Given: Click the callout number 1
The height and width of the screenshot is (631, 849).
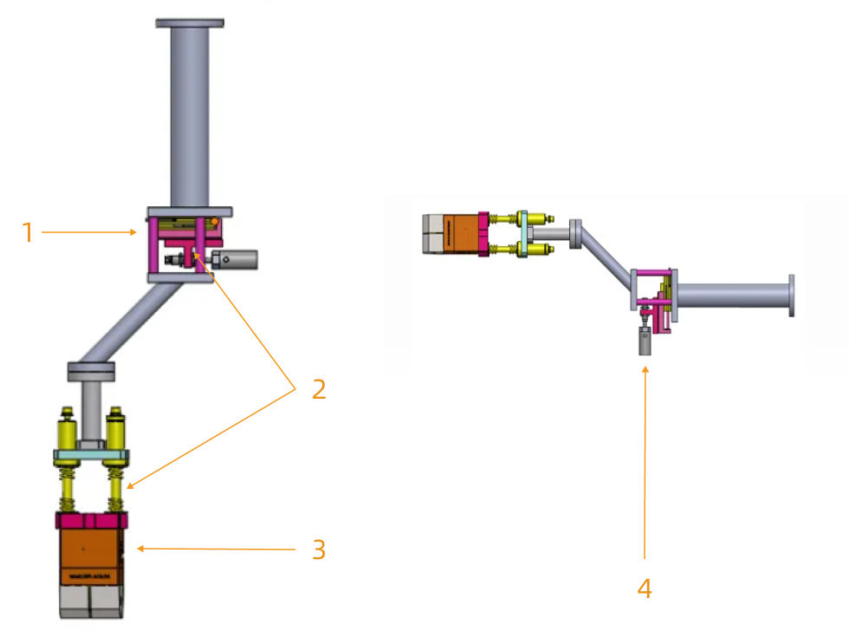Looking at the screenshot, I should point(28,232).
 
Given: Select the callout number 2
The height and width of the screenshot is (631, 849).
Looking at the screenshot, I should point(319,389).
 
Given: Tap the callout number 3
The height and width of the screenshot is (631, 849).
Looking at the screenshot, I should point(319,550).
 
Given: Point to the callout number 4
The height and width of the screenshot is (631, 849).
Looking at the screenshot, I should point(644,589).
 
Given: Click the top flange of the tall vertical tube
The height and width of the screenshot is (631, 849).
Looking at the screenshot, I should point(190,22).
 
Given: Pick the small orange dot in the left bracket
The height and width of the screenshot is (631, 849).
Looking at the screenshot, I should point(214,221).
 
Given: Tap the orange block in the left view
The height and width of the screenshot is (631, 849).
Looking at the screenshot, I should point(91,555).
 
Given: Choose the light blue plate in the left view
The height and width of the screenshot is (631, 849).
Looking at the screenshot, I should point(91,455).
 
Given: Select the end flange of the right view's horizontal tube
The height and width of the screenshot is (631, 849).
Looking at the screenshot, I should point(791,296).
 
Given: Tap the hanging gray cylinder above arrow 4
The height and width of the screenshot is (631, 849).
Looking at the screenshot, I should point(645,342).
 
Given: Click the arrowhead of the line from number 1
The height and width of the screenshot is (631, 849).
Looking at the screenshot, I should point(134,232).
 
